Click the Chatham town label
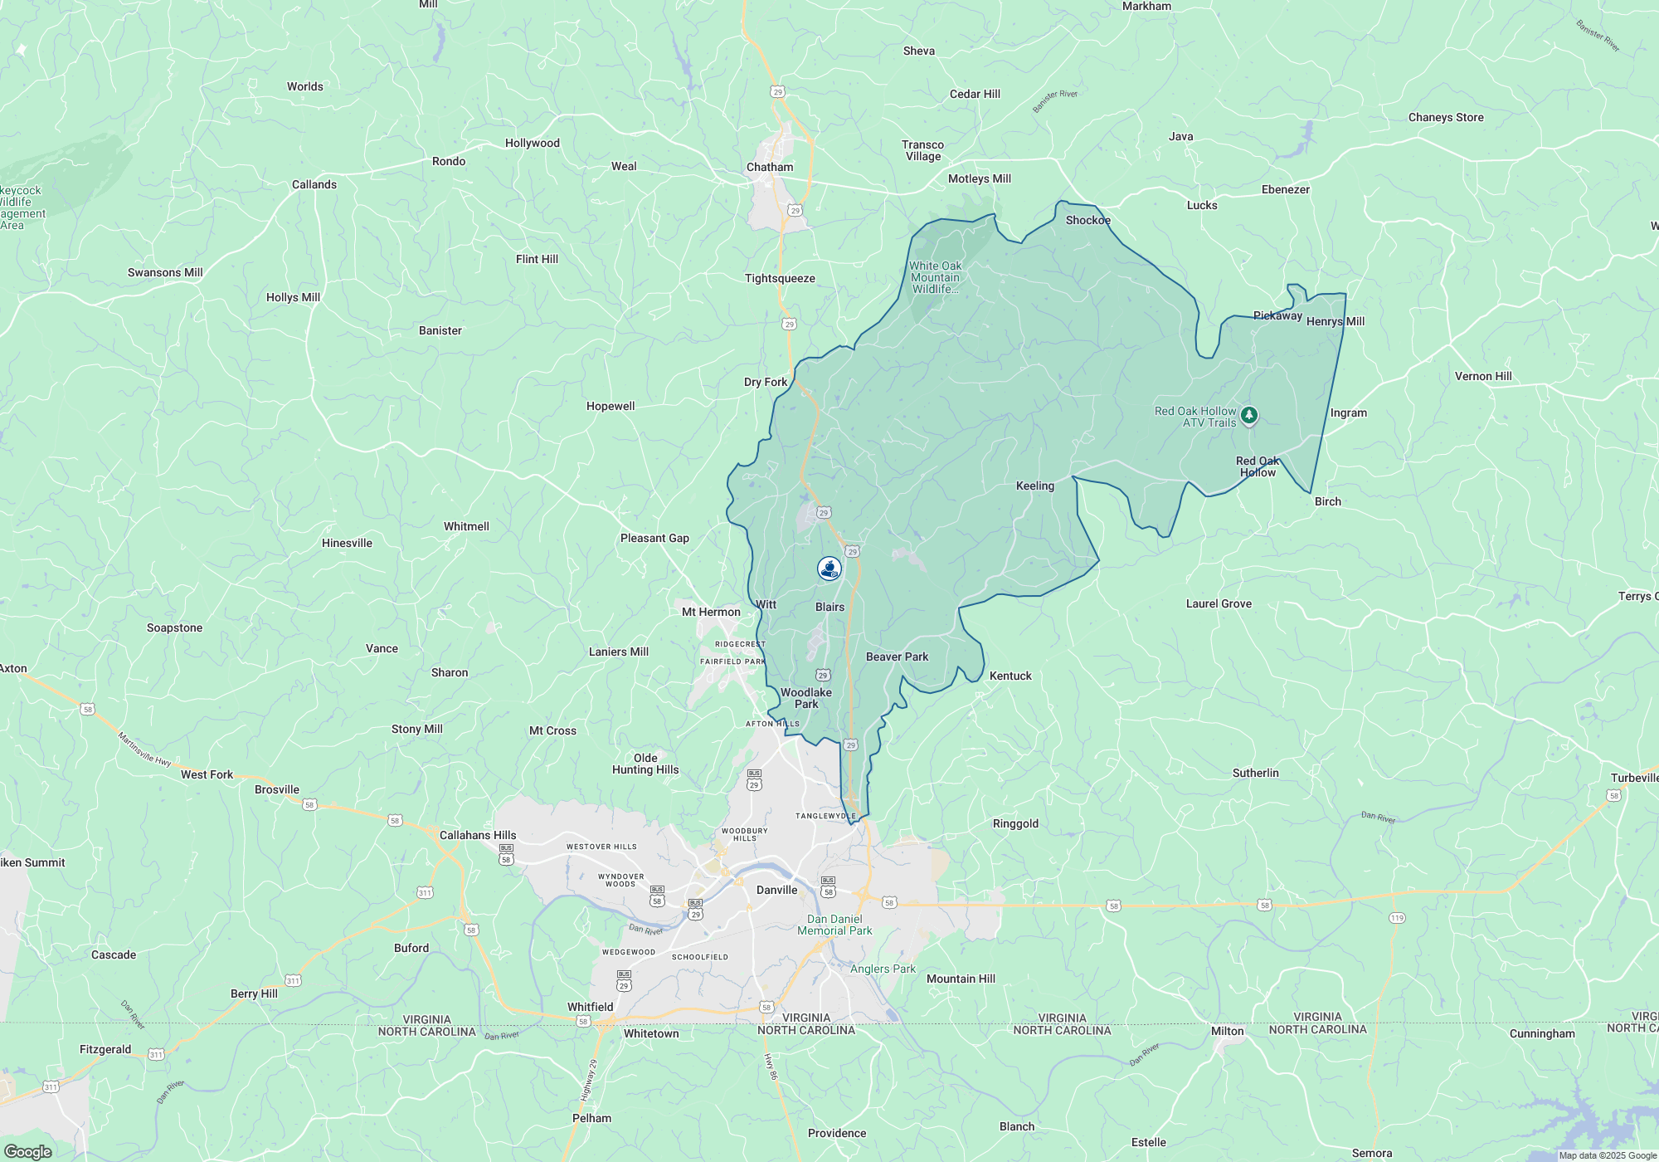770,167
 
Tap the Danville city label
776,890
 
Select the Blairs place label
829,607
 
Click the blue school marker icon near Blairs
829,568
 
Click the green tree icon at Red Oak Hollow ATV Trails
1249,414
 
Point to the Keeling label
1035,486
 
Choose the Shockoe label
1087,220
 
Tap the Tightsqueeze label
780,278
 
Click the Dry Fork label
765,382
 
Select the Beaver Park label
897,657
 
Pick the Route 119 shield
1397,918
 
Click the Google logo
27,1152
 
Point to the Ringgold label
1015,823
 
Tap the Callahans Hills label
478,835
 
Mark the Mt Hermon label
711,612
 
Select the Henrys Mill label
1335,321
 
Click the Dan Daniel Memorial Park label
834,925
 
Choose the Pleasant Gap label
654,538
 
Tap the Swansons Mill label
165,272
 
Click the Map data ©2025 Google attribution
1608,1155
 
